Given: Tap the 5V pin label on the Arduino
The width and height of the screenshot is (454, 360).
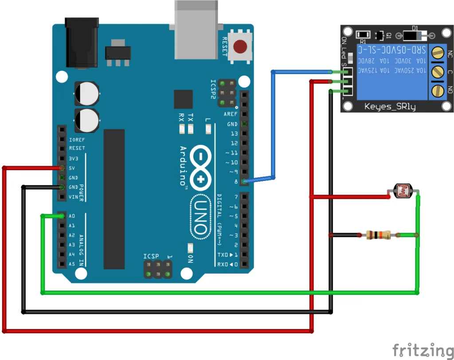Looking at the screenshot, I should click(73, 168).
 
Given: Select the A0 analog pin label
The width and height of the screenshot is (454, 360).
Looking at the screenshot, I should click(72, 216).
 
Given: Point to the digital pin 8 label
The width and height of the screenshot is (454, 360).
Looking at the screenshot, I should click(235, 181).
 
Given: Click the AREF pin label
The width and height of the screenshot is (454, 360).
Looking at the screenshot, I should click(231, 114).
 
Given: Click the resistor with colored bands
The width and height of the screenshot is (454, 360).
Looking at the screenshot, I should click(377, 235).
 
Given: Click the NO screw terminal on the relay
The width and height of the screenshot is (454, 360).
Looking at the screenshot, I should click(438, 91).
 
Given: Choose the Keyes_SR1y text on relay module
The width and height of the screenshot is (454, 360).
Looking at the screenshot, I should click(390, 106).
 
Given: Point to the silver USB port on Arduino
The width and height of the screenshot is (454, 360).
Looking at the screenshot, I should click(196, 29).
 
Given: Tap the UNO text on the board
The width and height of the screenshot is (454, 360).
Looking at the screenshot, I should click(200, 217).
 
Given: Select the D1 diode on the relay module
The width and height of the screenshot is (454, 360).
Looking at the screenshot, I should click(415, 35).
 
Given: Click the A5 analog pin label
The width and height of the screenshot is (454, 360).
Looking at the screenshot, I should click(72, 264).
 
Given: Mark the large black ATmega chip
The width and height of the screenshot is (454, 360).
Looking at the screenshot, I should click(114, 200).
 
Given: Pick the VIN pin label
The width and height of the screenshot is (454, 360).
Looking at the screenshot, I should click(74, 197).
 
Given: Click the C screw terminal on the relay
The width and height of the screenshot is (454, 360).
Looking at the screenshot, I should click(438, 71).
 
